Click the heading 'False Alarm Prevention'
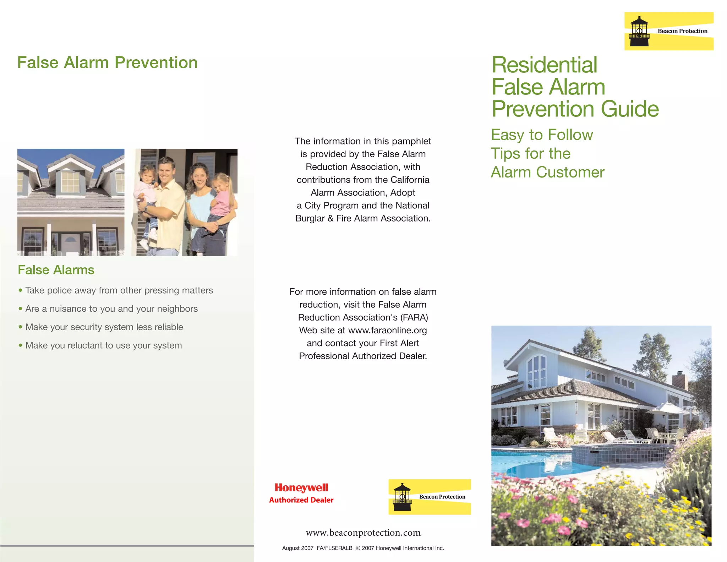(x=107, y=63)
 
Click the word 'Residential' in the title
(x=544, y=65)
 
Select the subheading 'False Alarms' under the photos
(x=56, y=270)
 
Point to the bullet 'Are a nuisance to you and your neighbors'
(x=111, y=309)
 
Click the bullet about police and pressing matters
(x=119, y=290)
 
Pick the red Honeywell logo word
(x=301, y=488)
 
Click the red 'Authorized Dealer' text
(x=301, y=500)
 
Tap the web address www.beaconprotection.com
(x=363, y=533)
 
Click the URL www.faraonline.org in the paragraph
(x=387, y=331)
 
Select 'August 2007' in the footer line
(x=297, y=548)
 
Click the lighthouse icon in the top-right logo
(x=639, y=32)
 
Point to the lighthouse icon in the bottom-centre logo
(x=402, y=497)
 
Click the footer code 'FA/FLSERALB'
(x=334, y=548)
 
